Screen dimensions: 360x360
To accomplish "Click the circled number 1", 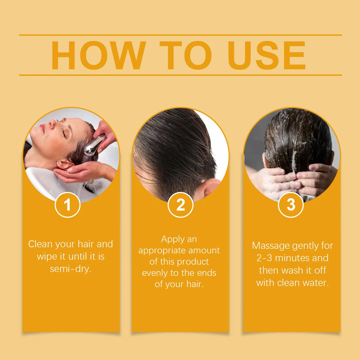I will (x=67, y=205).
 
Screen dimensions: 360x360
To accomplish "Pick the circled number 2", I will (x=180, y=205).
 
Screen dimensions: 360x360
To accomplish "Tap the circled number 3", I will (x=291, y=205).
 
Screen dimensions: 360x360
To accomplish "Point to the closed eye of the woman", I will (x=64, y=134).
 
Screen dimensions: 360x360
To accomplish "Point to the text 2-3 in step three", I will (x=264, y=258).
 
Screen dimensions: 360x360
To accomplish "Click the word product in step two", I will (x=193, y=262).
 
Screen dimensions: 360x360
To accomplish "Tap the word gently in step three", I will (x=305, y=246).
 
